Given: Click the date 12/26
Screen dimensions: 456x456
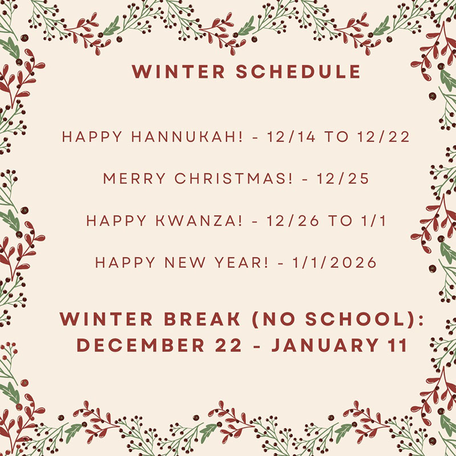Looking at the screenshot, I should click(x=290, y=221).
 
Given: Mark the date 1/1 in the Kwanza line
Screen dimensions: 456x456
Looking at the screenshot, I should click(x=374, y=221).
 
